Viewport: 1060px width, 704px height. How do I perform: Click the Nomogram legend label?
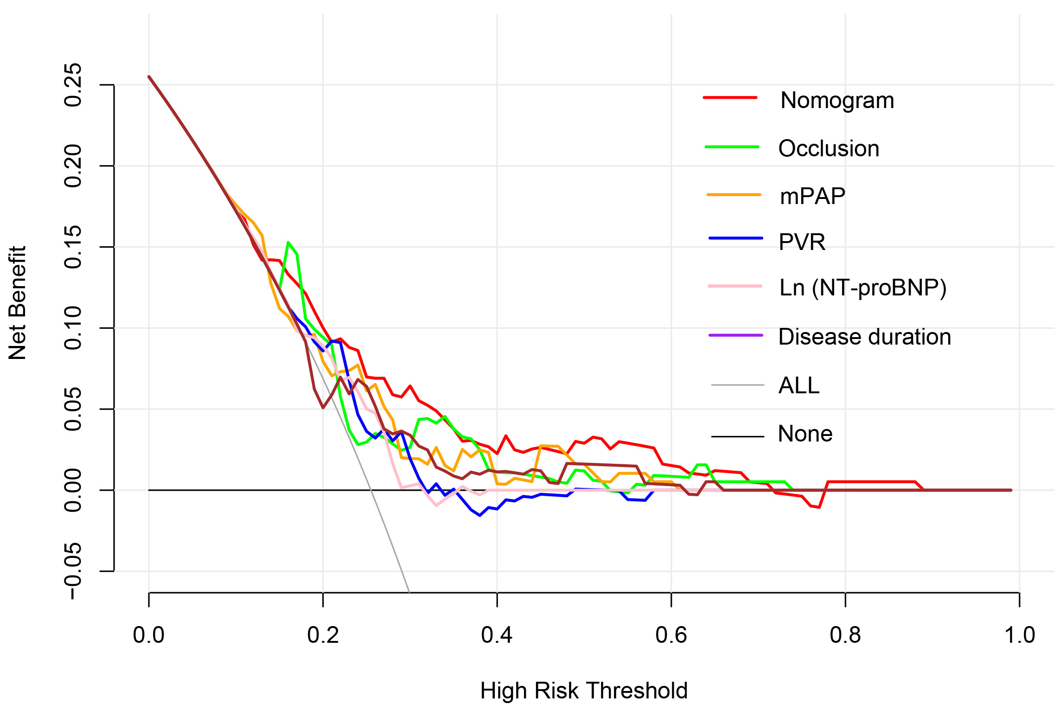pyautogui.click(x=837, y=101)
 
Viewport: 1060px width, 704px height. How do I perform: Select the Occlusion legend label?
pyautogui.click(x=829, y=149)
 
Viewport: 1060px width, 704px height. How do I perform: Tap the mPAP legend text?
pyautogui.click(x=812, y=196)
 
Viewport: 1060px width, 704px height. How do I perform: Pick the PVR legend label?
pyautogui.click(x=802, y=242)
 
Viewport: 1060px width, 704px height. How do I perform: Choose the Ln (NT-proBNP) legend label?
pyautogui.click(x=863, y=288)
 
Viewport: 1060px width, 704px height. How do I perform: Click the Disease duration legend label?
pyautogui.click(x=864, y=337)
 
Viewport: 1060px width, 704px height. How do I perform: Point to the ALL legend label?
pyautogui.click(x=799, y=385)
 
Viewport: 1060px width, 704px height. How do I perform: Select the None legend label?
pyautogui.click(x=805, y=434)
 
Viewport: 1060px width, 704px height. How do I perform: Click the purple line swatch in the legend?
pyautogui.click(x=736, y=335)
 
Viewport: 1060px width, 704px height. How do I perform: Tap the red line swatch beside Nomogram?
pyautogui.click(x=730, y=98)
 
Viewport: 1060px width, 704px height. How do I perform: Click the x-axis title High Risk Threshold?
pyautogui.click(x=584, y=691)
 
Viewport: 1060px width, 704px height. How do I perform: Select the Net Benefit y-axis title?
pyautogui.click(x=18, y=303)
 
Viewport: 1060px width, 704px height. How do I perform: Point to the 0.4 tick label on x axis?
pyautogui.click(x=497, y=635)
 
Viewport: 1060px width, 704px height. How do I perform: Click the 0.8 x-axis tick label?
pyautogui.click(x=845, y=635)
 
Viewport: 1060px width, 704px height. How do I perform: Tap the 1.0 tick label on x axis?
pyautogui.click(x=1019, y=635)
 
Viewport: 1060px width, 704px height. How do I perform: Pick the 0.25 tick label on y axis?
pyautogui.click(x=73, y=85)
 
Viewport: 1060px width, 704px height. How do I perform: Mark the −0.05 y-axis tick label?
pyautogui.click(x=73, y=571)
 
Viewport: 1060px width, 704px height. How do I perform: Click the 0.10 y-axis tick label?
pyautogui.click(x=73, y=328)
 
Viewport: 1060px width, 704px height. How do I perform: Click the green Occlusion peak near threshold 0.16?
pyautogui.click(x=288, y=242)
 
